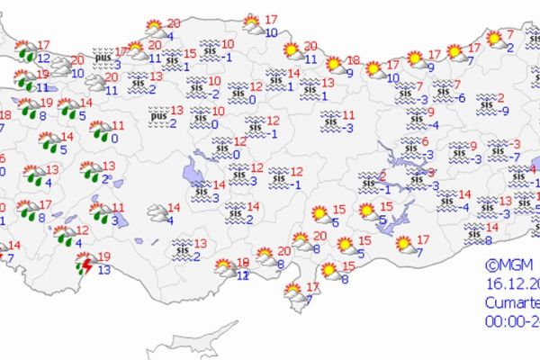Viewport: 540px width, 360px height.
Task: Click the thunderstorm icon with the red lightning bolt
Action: click(85, 263)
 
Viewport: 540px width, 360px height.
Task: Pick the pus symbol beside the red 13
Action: click(158, 115)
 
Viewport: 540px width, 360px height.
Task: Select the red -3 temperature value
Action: click(516, 144)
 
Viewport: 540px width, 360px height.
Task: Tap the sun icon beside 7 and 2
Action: click(494, 39)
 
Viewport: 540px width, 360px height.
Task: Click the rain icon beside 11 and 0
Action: click(99, 132)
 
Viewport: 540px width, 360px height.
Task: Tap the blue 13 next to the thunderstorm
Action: click(105, 270)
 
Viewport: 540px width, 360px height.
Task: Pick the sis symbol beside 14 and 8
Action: click(475, 233)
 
